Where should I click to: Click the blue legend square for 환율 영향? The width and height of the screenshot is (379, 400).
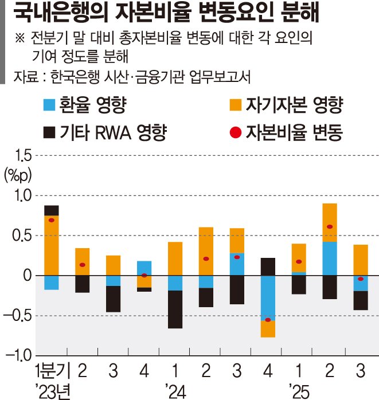tap(49, 105)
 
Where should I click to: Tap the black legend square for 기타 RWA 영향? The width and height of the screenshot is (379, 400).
tap(49, 133)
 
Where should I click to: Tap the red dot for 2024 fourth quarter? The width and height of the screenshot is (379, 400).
tap(268, 319)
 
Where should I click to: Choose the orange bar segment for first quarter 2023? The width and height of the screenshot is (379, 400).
tap(52, 245)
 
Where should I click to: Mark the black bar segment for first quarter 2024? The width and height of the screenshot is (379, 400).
tap(175, 309)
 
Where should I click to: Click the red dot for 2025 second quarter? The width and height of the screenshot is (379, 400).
tap(330, 227)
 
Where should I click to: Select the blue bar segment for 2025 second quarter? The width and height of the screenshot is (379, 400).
tap(330, 258)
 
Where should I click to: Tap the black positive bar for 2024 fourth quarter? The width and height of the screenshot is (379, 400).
tap(268, 266)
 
